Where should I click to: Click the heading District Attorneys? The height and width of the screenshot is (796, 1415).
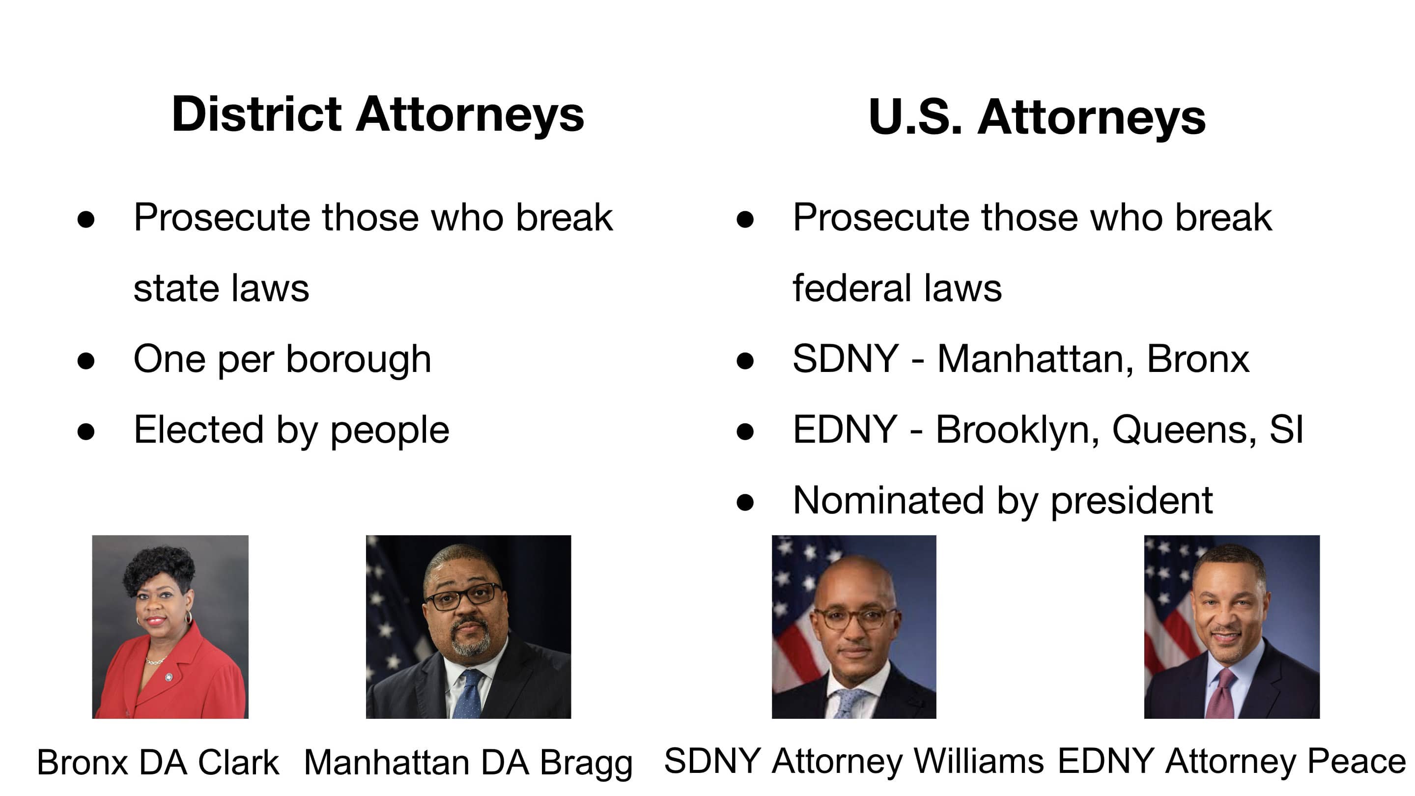tap(377, 114)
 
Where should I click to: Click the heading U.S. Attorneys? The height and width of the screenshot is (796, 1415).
tap(1037, 117)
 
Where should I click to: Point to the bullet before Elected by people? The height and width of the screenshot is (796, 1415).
tap(85, 432)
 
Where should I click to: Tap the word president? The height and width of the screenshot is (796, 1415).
tap(1131, 501)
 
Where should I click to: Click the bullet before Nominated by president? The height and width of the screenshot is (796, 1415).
tap(745, 502)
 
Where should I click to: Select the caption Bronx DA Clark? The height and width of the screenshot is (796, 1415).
tap(158, 763)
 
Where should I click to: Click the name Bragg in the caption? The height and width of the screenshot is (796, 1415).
tap(586, 764)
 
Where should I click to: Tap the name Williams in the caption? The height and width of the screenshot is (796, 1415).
tap(978, 762)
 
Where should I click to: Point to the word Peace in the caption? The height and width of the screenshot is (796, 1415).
tap(1356, 762)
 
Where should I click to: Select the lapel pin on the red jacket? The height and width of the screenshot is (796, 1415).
tap(169, 677)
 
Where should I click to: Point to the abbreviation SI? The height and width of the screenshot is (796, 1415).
tap(1286, 430)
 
